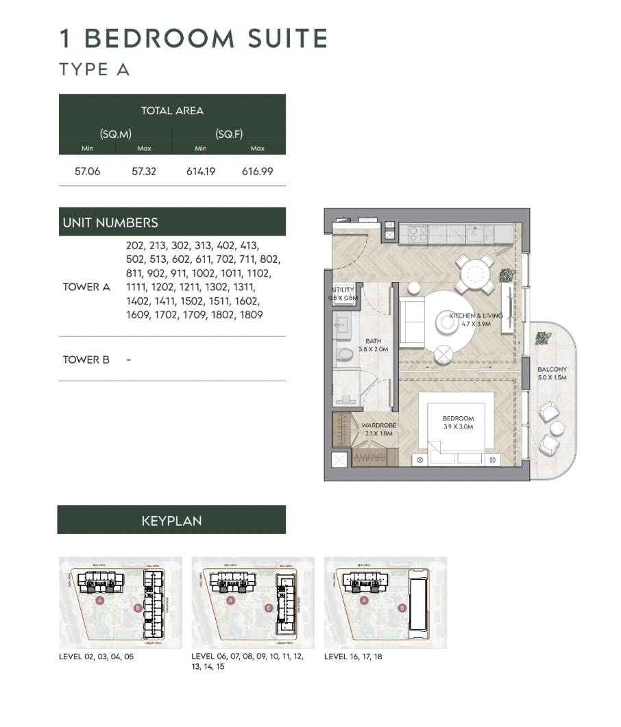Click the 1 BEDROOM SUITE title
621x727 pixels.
(193, 38)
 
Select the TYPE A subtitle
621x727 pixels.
(94, 70)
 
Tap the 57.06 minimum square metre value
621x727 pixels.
(87, 171)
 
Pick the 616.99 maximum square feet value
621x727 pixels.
(257, 171)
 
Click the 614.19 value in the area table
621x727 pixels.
(201, 171)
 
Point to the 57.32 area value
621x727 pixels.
(144, 171)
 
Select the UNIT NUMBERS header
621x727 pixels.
(110, 222)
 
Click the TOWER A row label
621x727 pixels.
(86, 287)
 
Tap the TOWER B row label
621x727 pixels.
(86, 359)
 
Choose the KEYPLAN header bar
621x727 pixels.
(171, 520)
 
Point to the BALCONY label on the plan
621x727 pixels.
(552, 373)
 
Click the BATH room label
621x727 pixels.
(373, 344)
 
